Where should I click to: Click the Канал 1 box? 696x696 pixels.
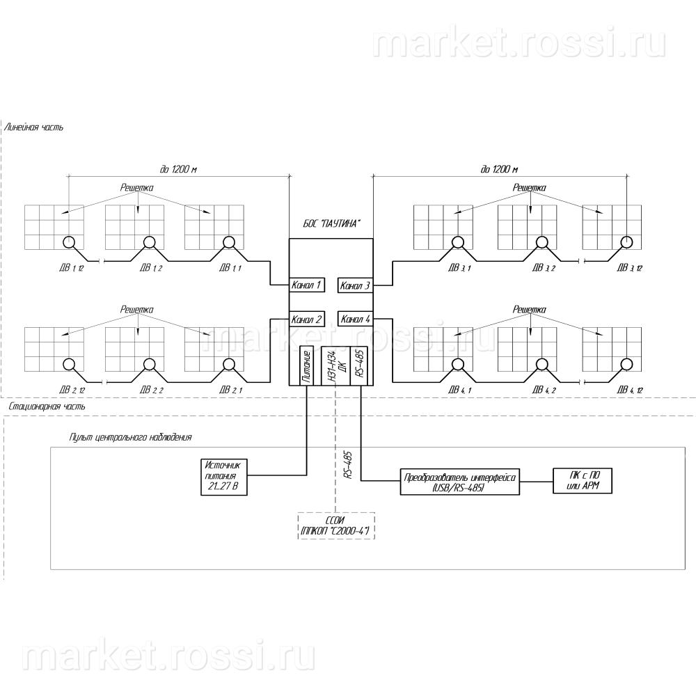306,285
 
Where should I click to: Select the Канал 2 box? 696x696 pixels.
306,319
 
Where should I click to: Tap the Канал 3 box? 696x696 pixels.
356,285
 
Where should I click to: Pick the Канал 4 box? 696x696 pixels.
356,319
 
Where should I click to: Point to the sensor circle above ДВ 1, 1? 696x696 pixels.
228,242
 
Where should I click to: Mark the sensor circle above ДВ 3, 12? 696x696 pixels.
627,242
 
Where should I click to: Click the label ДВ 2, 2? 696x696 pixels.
151,390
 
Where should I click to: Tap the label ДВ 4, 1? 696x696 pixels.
459,390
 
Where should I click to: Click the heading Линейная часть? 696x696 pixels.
34,128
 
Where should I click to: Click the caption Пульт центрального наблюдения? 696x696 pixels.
130,438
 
